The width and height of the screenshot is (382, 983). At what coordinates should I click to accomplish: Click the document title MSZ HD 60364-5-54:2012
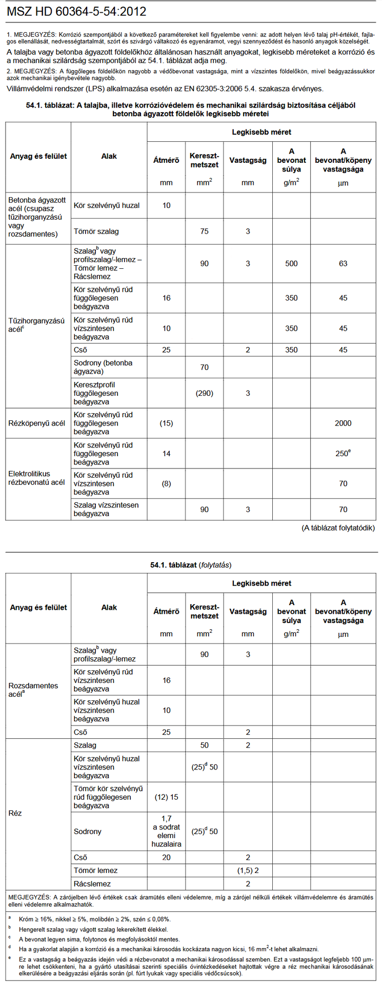point(77,12)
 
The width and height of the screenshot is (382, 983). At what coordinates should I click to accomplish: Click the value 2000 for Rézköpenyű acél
point(343,423)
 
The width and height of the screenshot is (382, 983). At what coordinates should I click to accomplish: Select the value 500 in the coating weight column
point(291,264)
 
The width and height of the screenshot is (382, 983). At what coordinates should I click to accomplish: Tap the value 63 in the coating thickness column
point(343,264)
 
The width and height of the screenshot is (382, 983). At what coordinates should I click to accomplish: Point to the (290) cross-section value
point(204,393)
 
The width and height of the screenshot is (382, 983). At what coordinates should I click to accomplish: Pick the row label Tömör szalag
point(96,231)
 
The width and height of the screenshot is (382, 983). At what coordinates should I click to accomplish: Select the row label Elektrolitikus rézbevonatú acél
point(36,478)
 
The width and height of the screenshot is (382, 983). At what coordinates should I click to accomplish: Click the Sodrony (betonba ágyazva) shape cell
point(103,367)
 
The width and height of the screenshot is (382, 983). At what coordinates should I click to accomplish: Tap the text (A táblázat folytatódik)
point(338,528)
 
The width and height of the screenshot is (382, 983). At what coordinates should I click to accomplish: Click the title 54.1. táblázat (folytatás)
point(191,565)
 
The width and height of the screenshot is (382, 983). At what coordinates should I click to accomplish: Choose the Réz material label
point(15,813)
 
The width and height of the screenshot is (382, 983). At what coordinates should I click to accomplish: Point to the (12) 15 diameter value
point(166,797)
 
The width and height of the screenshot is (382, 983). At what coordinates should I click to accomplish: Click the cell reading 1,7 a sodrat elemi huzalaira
point(166,831)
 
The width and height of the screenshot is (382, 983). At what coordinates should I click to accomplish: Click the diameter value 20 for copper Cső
point(166,858)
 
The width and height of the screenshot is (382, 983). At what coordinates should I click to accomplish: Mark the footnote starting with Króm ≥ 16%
point(94,919)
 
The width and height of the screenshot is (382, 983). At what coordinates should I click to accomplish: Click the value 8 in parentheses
point(166,483)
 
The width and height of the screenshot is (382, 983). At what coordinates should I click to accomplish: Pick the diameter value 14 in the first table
point(166,454)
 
